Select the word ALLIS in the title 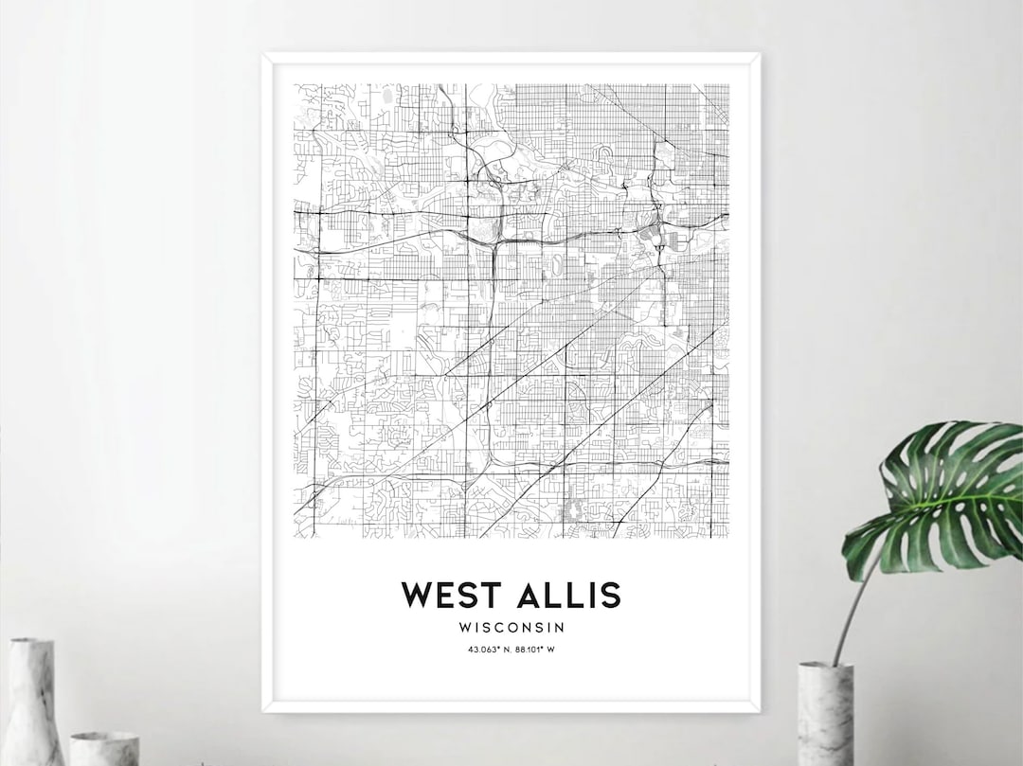coord(567,596)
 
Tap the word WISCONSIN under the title coord(511,627)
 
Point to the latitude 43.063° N coord(488,650)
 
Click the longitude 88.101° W coord(533,650)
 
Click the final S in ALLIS coord(610,596)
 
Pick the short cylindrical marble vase coord(104,748)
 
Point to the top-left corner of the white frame coord(263,55)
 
